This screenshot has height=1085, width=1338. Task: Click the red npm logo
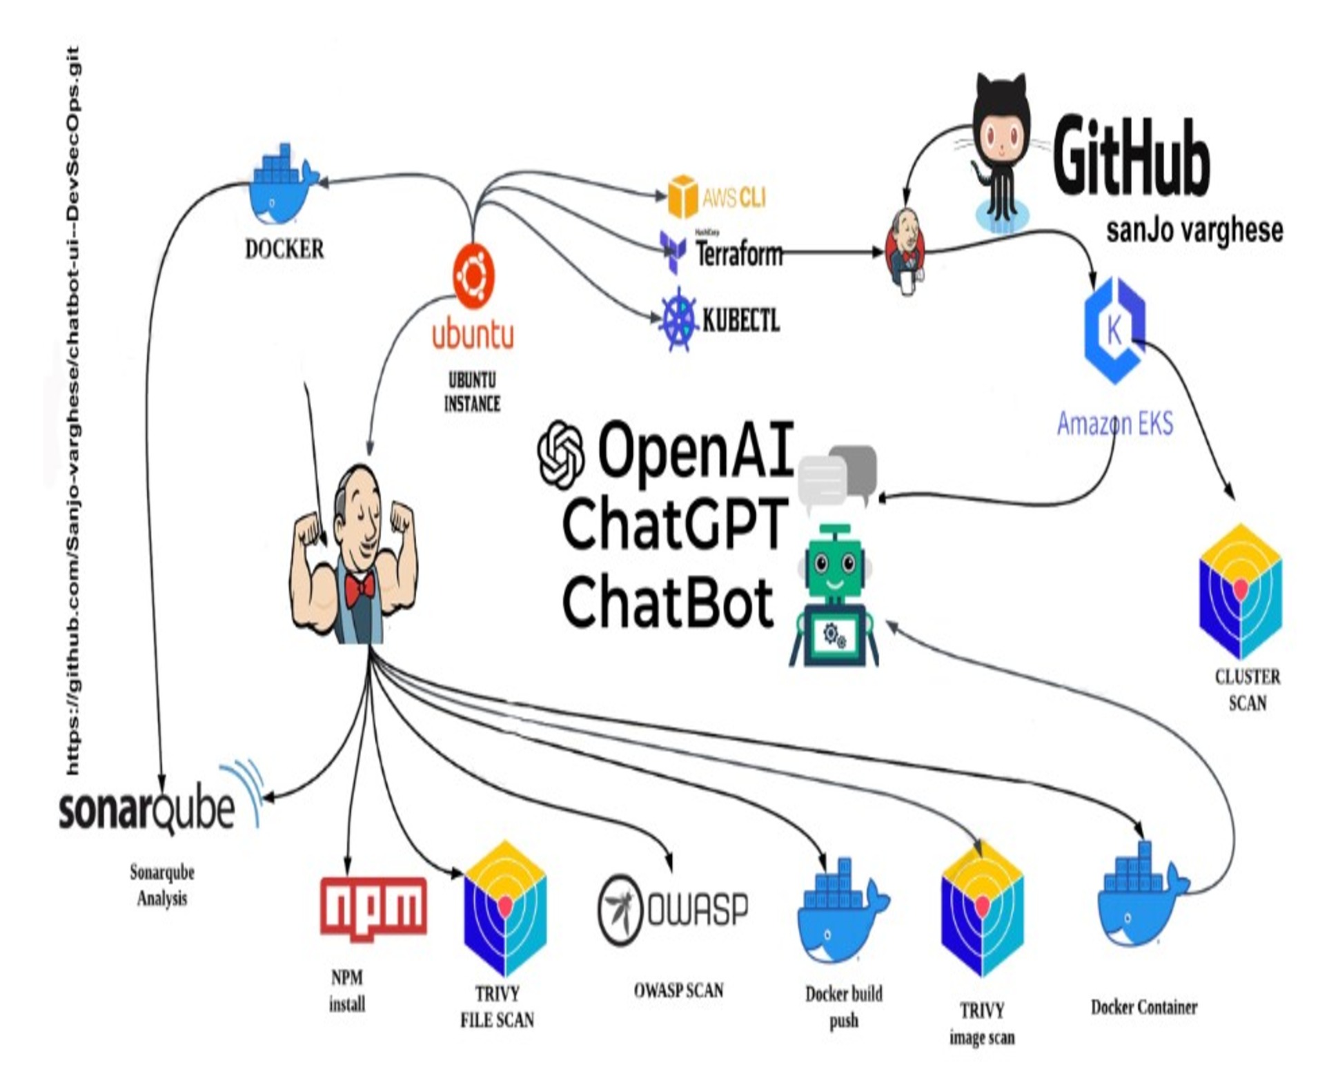pos(373,906)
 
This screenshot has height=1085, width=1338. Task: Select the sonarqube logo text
pos(146,809)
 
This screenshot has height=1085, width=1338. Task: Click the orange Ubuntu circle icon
pos(473,275)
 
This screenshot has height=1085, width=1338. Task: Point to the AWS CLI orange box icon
pos(682,196)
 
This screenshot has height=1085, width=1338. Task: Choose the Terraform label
pos(738,254)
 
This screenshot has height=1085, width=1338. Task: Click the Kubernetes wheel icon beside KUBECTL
pos(678,319)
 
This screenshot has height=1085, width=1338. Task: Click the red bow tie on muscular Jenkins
pos(360,589)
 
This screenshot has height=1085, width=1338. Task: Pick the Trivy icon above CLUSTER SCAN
pos(1240,590)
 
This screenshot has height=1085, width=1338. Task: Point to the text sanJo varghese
pos(1194,231)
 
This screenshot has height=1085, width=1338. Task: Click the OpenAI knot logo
pos(561,454)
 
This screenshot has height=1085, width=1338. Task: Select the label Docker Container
pos(1143,1007)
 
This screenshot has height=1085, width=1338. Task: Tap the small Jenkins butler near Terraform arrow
pos(905,250)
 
